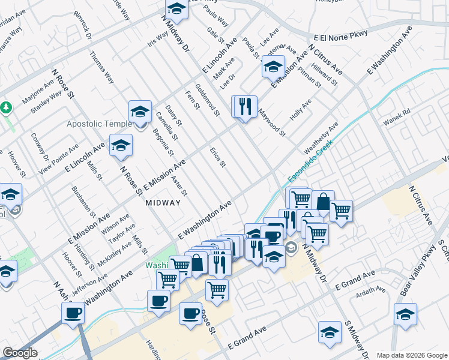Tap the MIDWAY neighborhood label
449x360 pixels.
[x=163, y=203]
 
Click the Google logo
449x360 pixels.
[x=20, y=353]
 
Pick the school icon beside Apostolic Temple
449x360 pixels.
[x=140, y=112]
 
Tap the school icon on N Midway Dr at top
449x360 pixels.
[x=176, y=9]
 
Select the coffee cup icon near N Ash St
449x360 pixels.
[x=73, y=312]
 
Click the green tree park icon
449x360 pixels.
[x=7, y=108]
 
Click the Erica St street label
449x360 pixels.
[x=217, y=157]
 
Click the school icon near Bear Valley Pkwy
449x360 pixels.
[x=405, y=314]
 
